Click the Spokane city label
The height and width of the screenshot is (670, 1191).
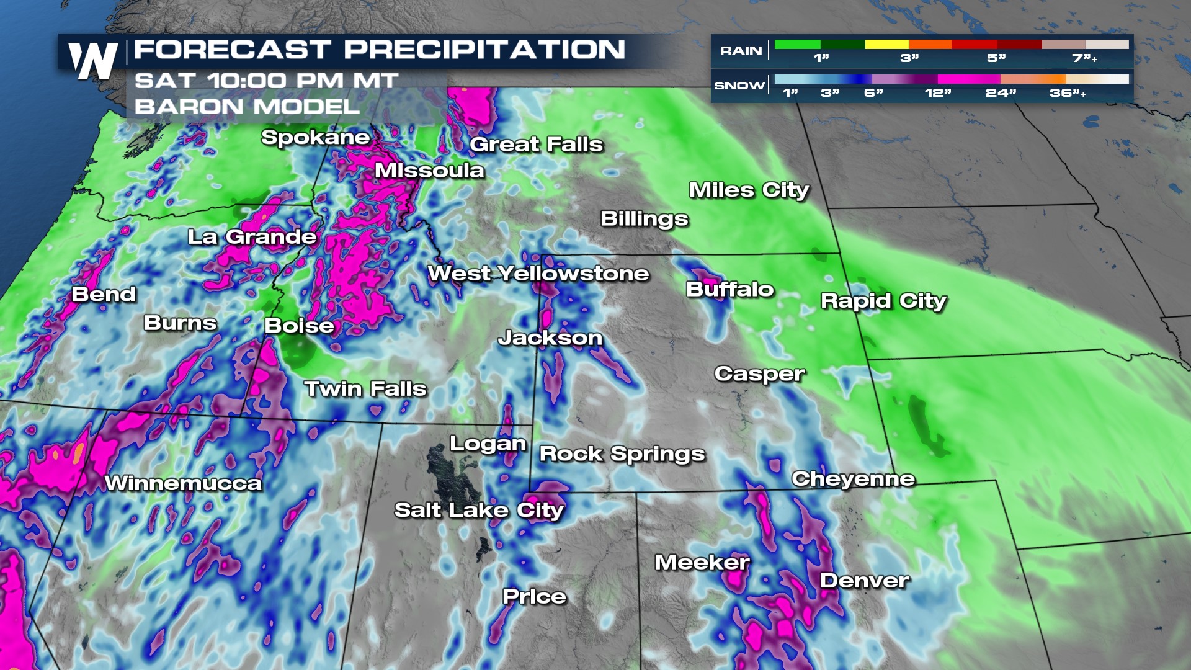click(x=315, y=137)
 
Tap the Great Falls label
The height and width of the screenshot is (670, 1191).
click(x=536, y=145)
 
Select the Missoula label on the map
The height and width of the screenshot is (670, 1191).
click(x=429, y=171)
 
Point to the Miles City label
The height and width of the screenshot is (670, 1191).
click(x=749, y=190)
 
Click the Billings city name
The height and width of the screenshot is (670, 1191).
click(x=644, y=219)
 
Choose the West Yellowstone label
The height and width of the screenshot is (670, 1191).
click(x=538, y=274)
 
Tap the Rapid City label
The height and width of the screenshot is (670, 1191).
click(x=883, y=301)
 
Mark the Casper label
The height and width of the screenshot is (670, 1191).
click(x=759, y=373)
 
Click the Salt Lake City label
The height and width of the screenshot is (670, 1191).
click(x=479, y=510)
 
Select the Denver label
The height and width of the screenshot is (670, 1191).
click(x=864, y=581)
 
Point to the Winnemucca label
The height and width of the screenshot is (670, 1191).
click(x=183, y=483)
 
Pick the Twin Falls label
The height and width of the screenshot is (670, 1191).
click(x=365, y=389)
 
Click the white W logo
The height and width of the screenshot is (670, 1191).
click(x=93, y=61)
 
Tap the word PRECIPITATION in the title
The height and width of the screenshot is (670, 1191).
click(x=484, y=50)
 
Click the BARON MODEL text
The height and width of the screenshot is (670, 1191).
click(x=247, y=107)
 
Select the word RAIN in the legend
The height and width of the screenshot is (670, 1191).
click(x=741, y=51)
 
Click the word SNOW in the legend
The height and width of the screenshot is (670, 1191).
click(x=739, y=86)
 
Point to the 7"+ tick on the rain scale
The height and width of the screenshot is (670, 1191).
click(x=1084, y=58)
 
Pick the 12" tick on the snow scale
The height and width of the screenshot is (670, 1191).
click(x=937, y=93)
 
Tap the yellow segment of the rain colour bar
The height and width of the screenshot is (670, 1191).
click(x=886, y=45)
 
